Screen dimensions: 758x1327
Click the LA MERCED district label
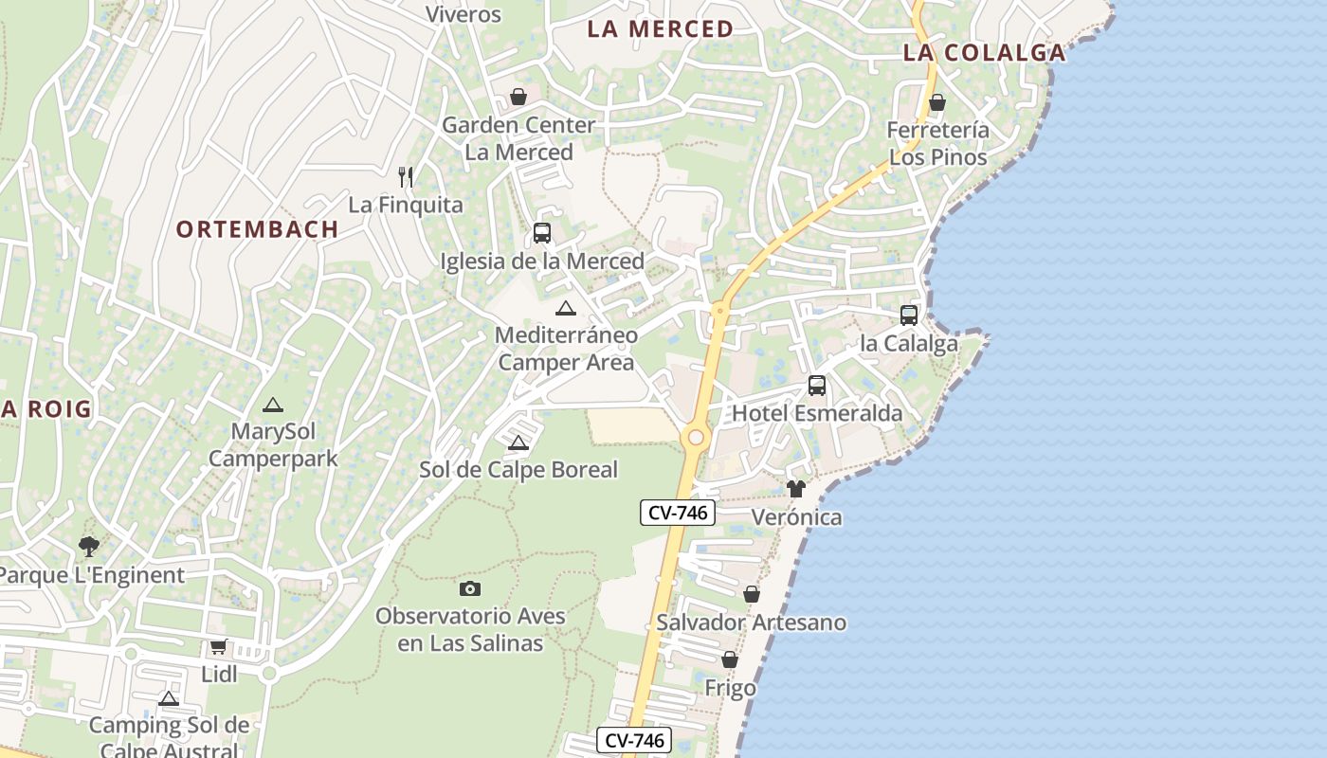click(x=660, y=29)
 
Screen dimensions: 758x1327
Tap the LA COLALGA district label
click(x=984, y=53)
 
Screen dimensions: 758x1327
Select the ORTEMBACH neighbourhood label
click(x=257, y=229)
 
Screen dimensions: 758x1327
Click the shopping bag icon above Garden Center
click(x=518, y=97)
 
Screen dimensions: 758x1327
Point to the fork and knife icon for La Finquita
click(x=406, y=176)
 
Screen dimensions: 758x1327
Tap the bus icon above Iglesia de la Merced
click(x=541, y=232)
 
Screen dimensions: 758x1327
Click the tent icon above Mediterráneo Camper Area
click(x=566, y=308)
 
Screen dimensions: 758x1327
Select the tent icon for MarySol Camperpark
click(x=273, y=405)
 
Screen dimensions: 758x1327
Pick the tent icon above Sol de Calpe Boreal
click(x=518, y=442)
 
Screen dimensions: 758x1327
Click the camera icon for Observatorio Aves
click(x=469, y=588)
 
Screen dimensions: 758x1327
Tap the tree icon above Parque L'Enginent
click(x=89, y=546)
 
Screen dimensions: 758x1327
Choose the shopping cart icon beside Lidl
click(x=218, y=647)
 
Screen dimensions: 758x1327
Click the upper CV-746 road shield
click(x=678, y=513)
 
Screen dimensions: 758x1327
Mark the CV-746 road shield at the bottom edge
click(x=634, y=740)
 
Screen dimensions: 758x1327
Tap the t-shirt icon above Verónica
click(x=795, y=489)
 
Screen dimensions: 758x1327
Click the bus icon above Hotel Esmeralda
click(x=816, y=386)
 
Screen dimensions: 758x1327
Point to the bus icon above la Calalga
click(x=908, y=315)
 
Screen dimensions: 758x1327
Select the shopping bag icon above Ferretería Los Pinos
click(x=936, y=102)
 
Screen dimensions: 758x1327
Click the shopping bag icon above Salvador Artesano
click(x=751, y=594)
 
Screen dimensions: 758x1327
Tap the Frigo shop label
click(x=730, y=688)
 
